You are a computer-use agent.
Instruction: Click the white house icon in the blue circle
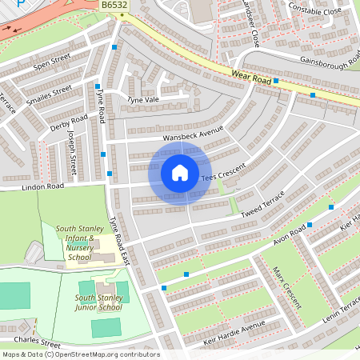click(x=180, y=173)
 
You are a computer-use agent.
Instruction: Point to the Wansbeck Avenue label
click(x=193, y=134)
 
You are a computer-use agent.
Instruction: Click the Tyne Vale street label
click(x=144, y=99)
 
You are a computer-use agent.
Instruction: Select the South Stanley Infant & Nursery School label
click(x=79, y=242)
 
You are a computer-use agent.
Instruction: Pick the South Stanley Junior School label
click(x=100, y=302)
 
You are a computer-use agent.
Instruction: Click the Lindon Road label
click(x=42, y=186)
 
